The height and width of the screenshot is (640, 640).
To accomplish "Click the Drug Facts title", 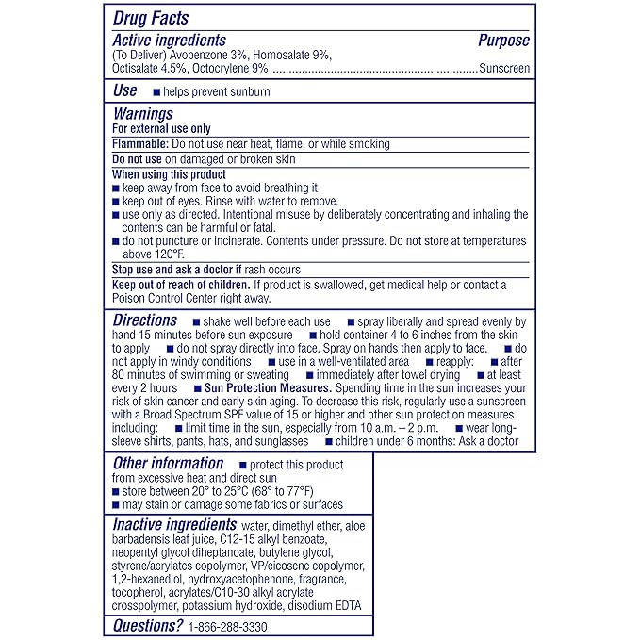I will pyautogui.click(x=151, y=18).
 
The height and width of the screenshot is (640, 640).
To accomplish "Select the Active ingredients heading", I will pyautogui.click(x=169, y=41).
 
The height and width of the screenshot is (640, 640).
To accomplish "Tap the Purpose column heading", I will pyautogui.click(x=503, y=41).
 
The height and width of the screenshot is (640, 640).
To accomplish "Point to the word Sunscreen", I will pyautogui.click(x=504, y=69).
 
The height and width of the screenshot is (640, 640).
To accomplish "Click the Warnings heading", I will pyautogui.click(x=142, y=114).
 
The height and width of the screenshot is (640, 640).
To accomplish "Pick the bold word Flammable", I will pyautogui.click(x=140, y=144).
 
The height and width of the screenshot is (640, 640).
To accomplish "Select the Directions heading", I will pyautogui.click(x=145, y=320).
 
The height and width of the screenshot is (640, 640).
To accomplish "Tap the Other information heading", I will pyautogui.click(x=168, y=464).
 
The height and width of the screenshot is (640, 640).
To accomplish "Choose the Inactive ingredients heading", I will pyautogui.click(x=174, y=524).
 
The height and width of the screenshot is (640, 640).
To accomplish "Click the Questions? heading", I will pyautogui.click(x=148, y=625).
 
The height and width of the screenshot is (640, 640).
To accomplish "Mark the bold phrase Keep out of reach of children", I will pyautogui.click(x=180, y=285).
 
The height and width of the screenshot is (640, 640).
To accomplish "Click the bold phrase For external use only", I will pyautogui.click(x=161, y=129).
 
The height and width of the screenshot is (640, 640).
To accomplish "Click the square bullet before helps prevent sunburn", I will pyautogui.click(x=156, y=92).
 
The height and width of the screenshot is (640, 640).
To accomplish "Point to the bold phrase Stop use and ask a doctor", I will pyautogui.click(x=180, y=269).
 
